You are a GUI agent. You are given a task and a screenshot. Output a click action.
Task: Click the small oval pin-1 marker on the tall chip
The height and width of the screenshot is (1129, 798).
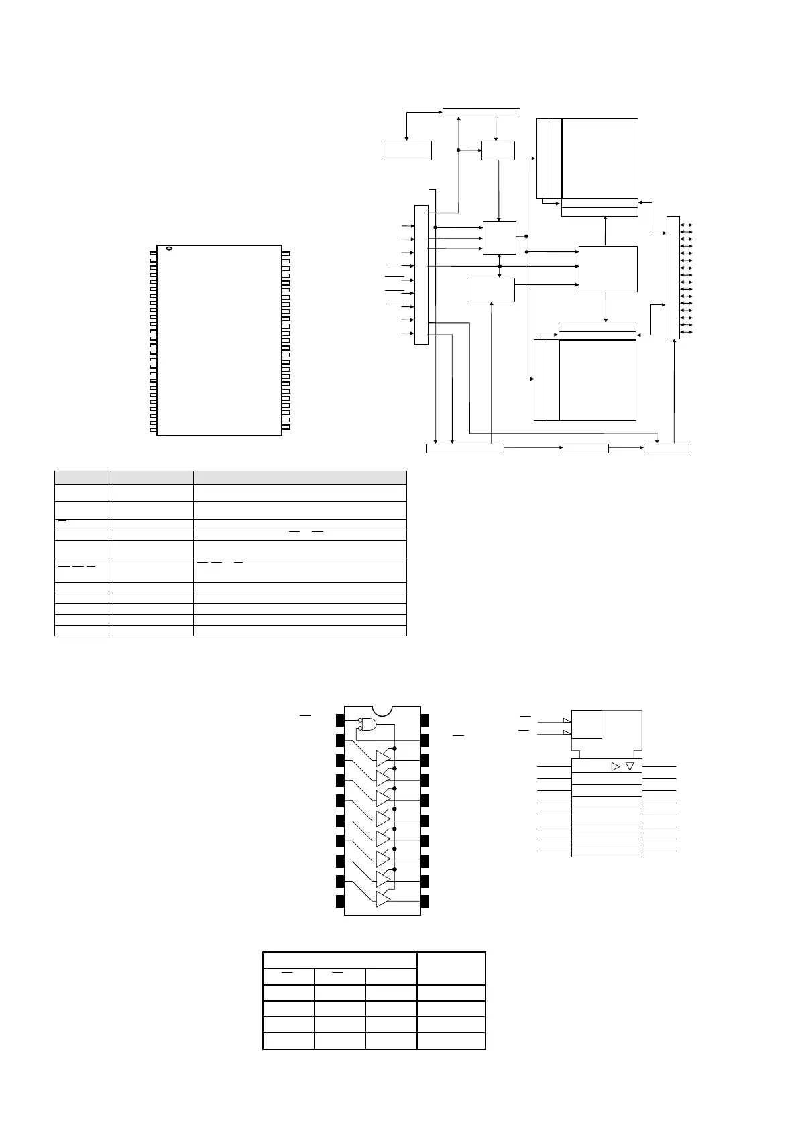[169, 249]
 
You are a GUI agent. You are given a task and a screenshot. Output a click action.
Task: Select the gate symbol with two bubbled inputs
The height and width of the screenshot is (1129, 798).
[368, 725]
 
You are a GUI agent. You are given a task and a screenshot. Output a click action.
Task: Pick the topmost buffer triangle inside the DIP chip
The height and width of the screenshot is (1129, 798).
[383, 758]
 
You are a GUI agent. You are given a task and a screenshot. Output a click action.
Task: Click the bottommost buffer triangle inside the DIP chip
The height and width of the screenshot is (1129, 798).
[383, 899]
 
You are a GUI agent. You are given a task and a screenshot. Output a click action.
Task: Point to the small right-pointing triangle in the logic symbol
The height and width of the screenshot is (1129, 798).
[616, 766]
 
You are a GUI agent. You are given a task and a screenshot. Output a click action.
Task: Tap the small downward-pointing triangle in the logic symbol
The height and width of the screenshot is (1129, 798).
[629, 766]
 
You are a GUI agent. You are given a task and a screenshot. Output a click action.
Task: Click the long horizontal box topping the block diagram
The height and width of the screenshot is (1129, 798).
[481, 112]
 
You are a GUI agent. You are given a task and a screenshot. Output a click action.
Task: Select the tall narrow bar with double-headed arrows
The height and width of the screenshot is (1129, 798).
[673, 277]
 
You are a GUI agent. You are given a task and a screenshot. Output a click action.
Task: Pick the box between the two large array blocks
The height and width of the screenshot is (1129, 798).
[608, 269]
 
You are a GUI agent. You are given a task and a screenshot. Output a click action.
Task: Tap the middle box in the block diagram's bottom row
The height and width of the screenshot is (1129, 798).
[585, 449]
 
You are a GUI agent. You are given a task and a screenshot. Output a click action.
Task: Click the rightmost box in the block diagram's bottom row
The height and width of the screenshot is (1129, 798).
[666, 449]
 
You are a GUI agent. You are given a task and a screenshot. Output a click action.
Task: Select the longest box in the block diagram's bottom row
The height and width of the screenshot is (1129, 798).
[465, 449]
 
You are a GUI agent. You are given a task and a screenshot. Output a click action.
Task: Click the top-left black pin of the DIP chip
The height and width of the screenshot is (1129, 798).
[340, 720]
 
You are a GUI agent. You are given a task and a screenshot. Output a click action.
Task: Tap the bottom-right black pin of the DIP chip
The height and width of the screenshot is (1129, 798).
[424, 901]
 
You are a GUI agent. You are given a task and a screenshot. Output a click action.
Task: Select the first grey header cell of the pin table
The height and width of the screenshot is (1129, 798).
[81, 477]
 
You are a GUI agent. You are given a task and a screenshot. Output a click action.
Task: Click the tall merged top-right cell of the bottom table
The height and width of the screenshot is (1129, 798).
[451, 968]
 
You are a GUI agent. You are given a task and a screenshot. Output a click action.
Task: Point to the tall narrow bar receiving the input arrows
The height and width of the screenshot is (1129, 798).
[421, 274]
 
